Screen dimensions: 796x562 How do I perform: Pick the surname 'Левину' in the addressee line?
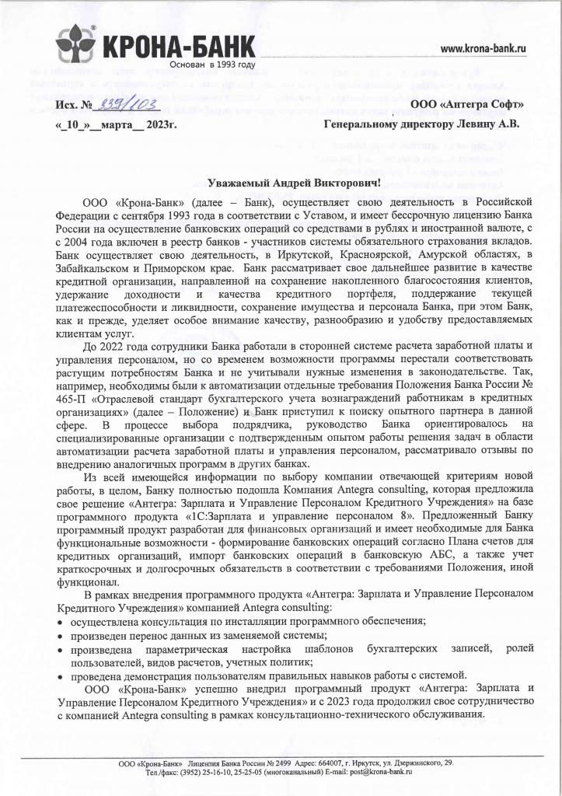coord(468,123)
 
